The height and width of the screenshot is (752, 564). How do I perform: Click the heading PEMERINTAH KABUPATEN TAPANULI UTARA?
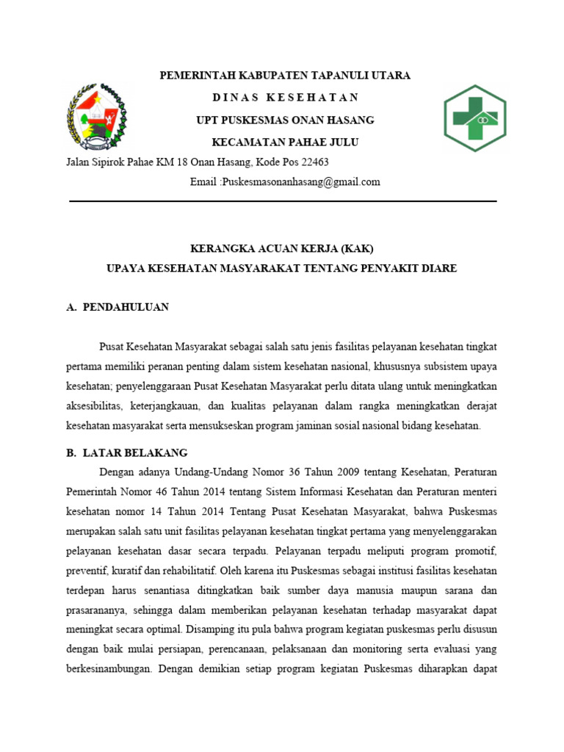pos(286,76)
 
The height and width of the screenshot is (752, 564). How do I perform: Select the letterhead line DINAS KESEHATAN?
pos(286,98)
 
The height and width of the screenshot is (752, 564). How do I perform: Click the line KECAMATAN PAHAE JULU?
pos(286,142)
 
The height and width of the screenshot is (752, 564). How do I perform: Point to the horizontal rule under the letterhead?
pos(283,200)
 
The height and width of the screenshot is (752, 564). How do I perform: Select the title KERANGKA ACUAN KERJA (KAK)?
pos(283,247)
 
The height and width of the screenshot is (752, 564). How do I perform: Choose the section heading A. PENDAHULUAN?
pos(117,307)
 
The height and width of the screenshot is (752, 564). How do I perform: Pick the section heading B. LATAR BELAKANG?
pos(127,453)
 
